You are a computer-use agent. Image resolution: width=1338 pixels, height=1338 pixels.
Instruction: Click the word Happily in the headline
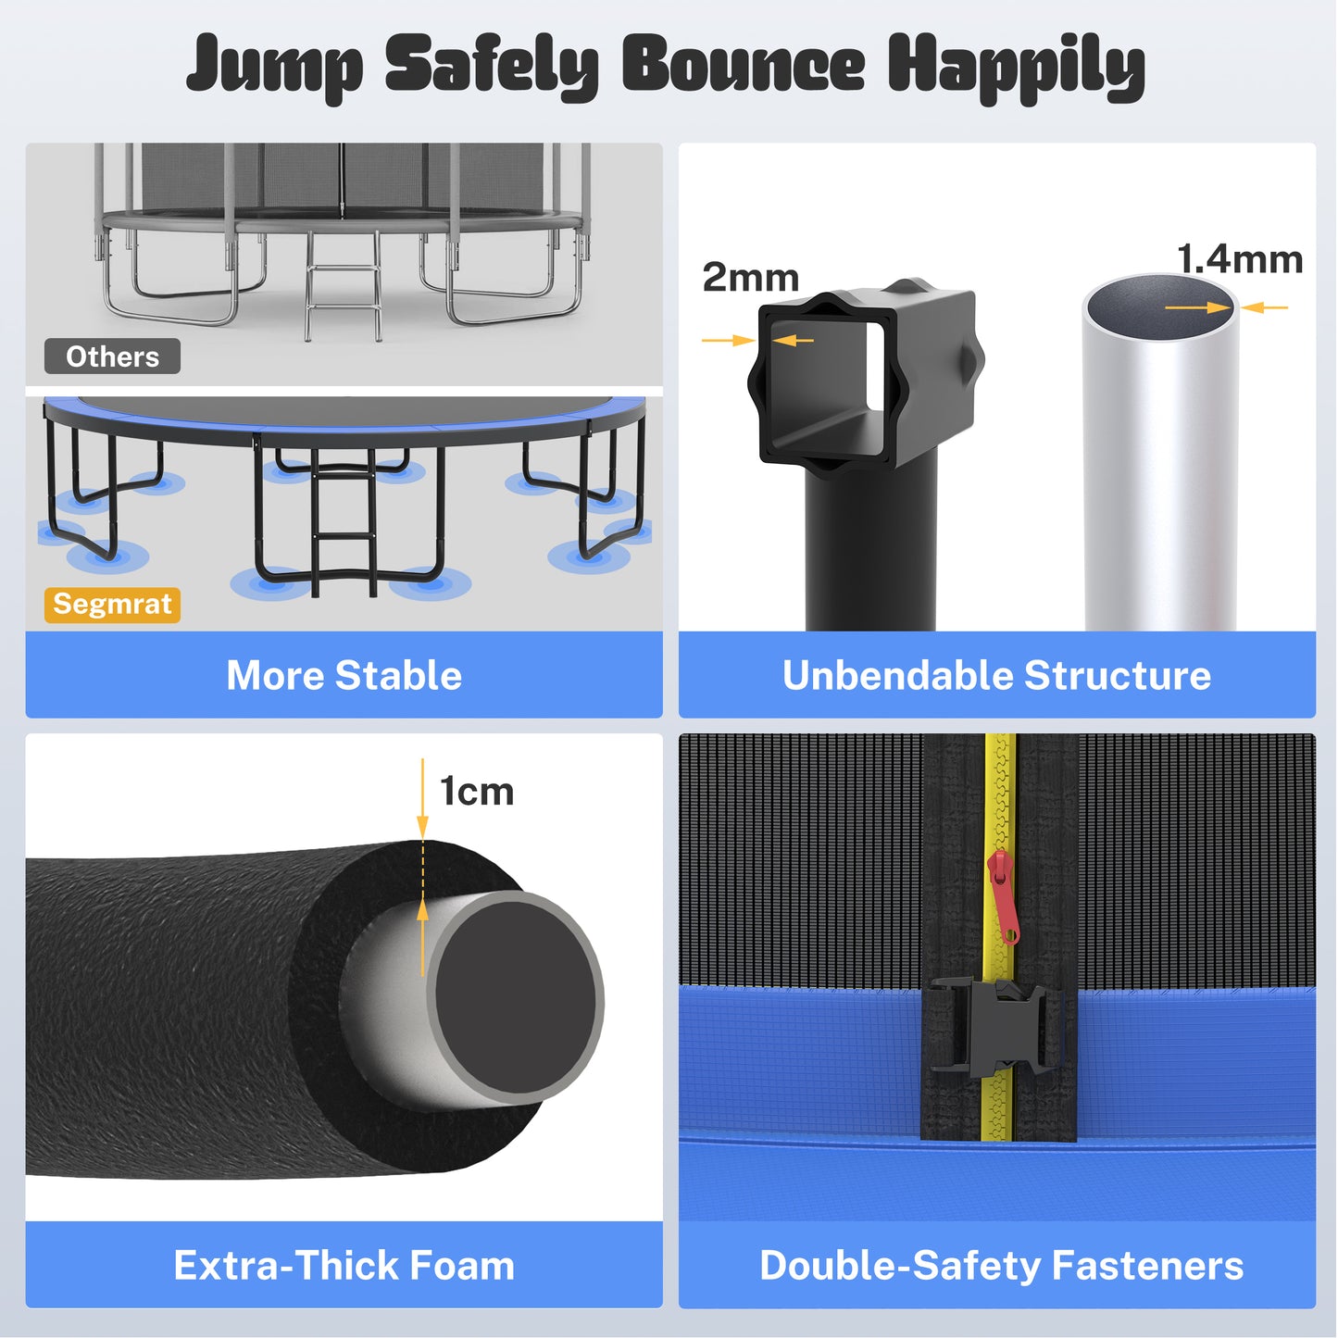1017,67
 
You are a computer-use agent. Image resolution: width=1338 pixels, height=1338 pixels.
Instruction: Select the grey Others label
112,356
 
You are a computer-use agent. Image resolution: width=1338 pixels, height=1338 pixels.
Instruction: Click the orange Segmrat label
112,605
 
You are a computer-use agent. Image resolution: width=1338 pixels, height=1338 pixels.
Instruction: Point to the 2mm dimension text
750,278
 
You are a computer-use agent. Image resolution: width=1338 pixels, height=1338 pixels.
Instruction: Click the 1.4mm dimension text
1240,259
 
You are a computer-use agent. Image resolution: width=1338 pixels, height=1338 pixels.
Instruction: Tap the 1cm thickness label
477,792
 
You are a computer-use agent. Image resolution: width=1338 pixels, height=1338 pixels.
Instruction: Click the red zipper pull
1003,896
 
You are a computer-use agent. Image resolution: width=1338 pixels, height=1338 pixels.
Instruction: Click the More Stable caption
344,675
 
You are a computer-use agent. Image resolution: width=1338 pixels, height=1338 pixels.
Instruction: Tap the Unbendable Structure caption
996,675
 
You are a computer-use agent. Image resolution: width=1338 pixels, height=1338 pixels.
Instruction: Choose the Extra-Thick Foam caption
344,1265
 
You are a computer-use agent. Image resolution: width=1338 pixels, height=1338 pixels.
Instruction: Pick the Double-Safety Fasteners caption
1001,1265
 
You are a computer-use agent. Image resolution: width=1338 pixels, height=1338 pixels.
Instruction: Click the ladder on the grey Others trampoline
344,282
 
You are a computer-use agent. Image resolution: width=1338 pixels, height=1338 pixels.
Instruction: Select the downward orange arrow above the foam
423,800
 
